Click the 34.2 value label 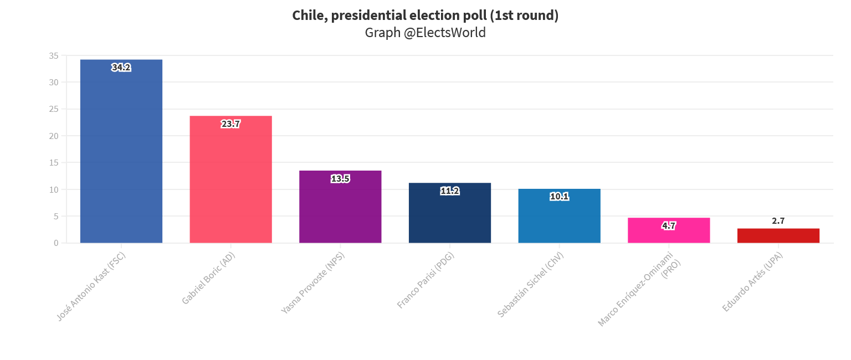tap(121, 68)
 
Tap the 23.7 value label tap(230, 124)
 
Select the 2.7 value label tap(778, 221)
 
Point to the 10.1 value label tap(559, 197)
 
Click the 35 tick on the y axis tap(54, 56)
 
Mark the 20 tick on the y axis tap(54, 136)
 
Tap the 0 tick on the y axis tap(57, 243)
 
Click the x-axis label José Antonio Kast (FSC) tap(91, 286)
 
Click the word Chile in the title tap(307, 16)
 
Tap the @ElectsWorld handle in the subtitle tap(444, 33)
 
